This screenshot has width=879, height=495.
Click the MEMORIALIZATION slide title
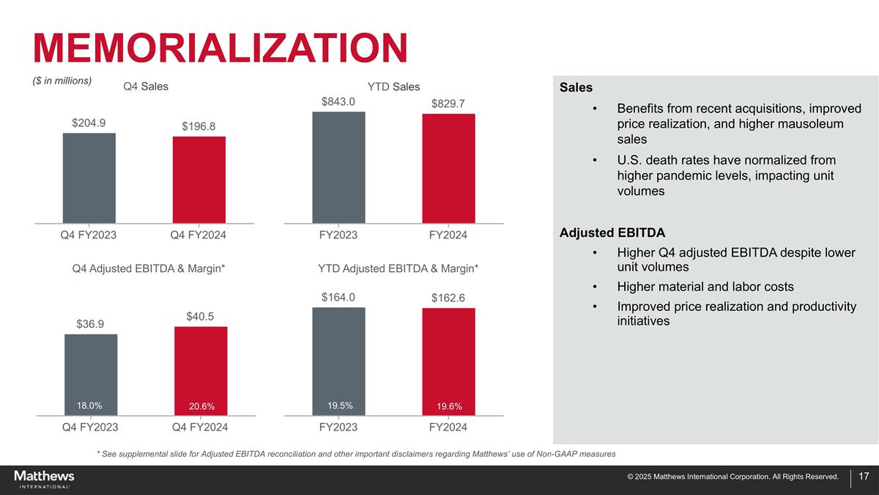pos(220,48)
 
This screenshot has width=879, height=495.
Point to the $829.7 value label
pos(448,104)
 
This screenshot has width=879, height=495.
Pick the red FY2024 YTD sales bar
pos(448,168)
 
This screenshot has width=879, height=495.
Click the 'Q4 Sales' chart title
pos(146,87)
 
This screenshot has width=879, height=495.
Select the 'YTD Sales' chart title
pos(393,87)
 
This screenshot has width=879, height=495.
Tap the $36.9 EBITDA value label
pos(90,324)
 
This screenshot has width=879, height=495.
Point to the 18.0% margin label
pos(89,406)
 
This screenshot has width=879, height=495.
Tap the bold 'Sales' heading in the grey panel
pos(576,88)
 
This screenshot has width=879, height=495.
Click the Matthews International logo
pos(44,479)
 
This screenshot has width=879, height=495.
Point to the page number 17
pos(864,477)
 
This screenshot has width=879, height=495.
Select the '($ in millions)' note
pos(62,81)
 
